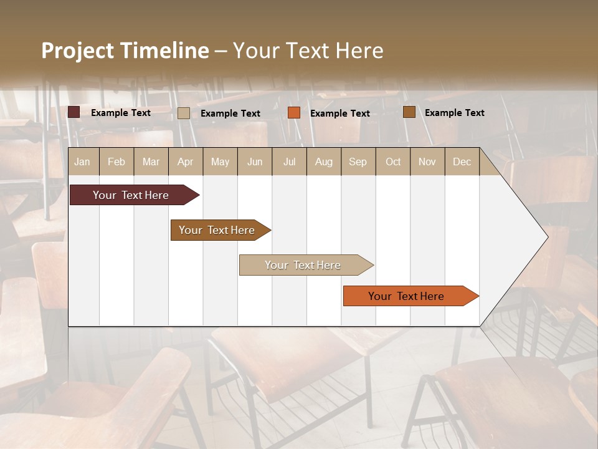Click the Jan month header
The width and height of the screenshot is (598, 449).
click(x=82, y=162)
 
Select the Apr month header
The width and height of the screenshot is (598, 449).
click(x=186, y=162)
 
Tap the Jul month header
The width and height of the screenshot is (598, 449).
click(x=289, y=162)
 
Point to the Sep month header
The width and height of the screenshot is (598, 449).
click(x=358, y=162)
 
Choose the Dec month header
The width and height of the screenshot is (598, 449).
click(x=462, y=162)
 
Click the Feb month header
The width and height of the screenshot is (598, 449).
click(x=116, y=162)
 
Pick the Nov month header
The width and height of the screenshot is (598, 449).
click(x=427, y=162)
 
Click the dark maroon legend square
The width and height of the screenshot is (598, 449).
click(x=74, y=112)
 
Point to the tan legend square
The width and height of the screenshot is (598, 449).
click(x=184, y=113)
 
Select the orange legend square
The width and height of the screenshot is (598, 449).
click(x=294, y=113)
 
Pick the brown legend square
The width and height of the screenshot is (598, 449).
click(x=409, y=112)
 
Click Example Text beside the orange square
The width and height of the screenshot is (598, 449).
click(x=340, y=113)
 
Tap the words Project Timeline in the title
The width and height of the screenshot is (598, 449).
click(x=125, y=51)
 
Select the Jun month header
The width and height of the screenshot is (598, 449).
click(x=255, y=162)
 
